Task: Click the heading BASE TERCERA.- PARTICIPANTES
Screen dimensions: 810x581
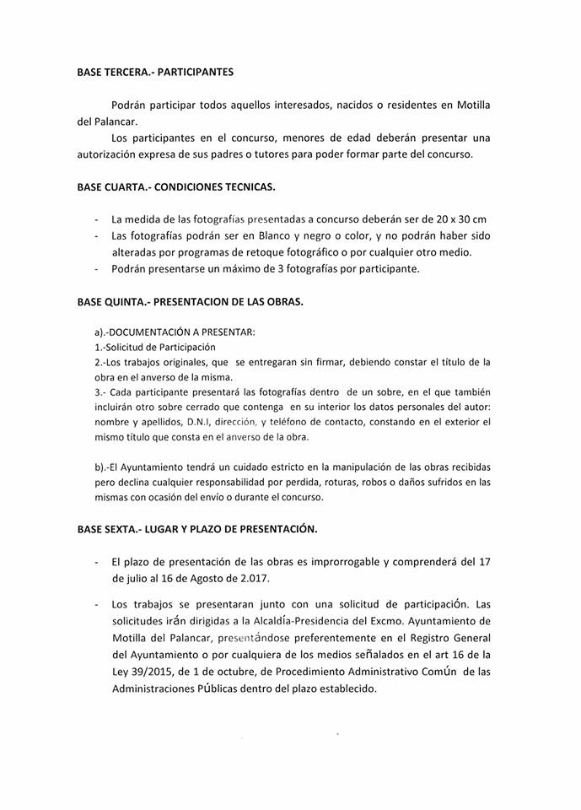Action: coord(155,73)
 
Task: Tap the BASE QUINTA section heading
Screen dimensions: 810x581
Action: coord(191,300)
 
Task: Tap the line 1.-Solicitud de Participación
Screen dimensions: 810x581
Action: coord(156,347)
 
